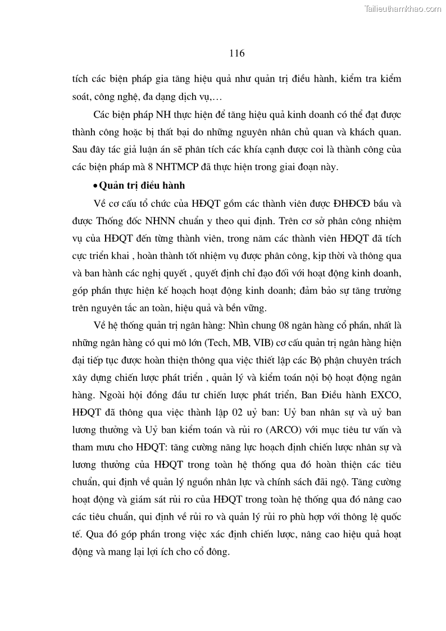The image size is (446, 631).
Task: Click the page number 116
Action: coord(236,53)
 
